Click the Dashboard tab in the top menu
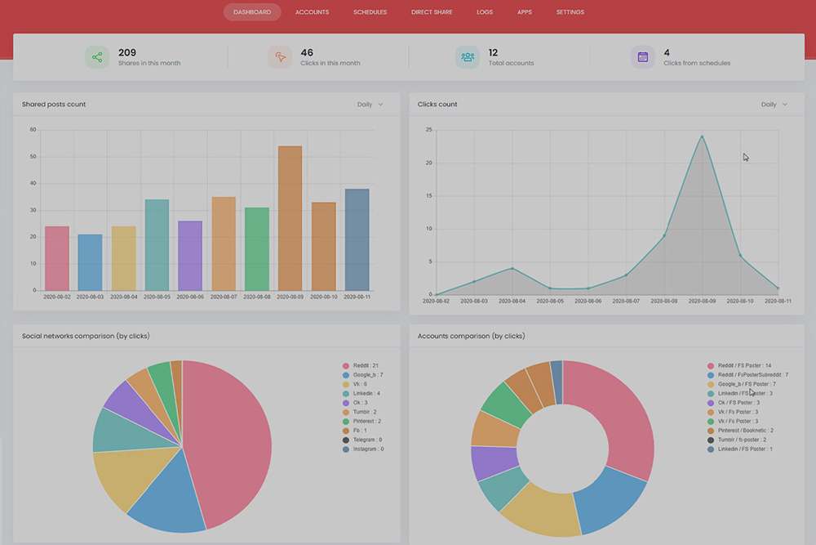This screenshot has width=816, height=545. click(251, 12)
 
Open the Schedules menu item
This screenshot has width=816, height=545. click(370, 12)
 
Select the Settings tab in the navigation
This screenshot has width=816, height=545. click(570, 12)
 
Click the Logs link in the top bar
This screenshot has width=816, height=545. click(484, 12)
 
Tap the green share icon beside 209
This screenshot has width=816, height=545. click(97, 57)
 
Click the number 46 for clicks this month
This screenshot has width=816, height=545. click(307, 52)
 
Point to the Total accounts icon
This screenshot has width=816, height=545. click(467, 57)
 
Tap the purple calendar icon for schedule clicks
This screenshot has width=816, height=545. click(642, 57)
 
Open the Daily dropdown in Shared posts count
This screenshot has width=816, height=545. click(370, 105)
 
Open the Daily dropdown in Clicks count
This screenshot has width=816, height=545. click(774, 105)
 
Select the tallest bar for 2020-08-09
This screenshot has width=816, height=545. click(290, 218)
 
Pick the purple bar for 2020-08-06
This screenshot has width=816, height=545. click(189, 255)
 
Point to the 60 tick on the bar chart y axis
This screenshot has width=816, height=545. click(33, 129)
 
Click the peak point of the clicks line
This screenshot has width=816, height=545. click(702, 136)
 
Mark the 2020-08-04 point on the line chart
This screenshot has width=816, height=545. click(512, 268)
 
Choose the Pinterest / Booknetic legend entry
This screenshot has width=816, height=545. click(745, 430)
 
